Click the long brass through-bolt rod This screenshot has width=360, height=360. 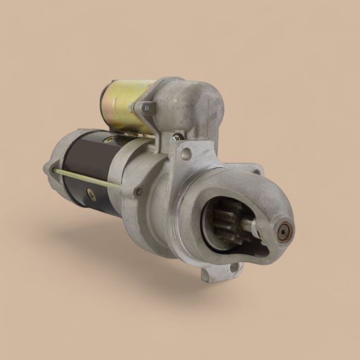click(x=87, y=176)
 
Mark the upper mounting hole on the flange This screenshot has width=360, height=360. click(x=186, y=153)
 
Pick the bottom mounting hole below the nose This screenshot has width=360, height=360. click(x=234, y=267)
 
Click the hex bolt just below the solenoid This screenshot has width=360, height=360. click(x=176, y=137)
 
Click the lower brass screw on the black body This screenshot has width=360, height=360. click(x=91, y=194)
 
